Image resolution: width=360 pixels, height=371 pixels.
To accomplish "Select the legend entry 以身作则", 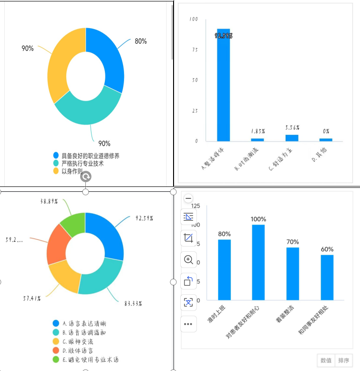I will pos(72,171).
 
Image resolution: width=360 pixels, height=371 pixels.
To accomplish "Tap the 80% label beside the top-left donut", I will pos(141,41).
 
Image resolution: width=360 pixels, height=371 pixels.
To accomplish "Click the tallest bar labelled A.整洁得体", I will pos(223,86).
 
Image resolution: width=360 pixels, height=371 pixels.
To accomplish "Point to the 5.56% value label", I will pos(292,128).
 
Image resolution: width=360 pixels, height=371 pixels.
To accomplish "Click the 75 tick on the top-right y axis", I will pos(194,50).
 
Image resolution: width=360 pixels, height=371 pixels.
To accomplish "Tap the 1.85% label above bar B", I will pos(258,131).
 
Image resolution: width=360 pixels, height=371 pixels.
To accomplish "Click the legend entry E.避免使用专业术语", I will pos(90,360).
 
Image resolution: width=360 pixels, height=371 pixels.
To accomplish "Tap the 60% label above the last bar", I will pos(327,249).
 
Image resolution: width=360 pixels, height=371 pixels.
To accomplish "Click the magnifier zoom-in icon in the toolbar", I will pos(188,259).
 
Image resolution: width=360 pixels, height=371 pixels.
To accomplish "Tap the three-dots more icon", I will pos(188,324).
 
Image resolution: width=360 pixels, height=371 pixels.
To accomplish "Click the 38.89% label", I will pos(49,202).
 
